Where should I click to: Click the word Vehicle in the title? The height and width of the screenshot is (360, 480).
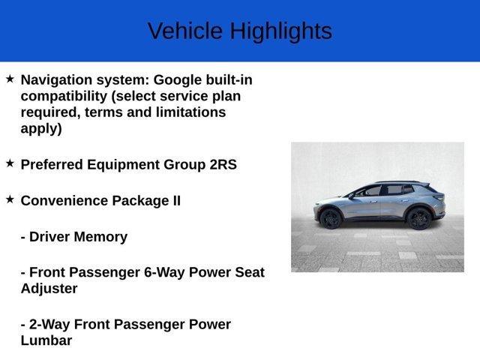click(x=185, y=31)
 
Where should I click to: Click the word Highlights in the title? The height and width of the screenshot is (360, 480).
click(x=280, y=31)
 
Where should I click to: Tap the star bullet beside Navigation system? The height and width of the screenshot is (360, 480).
click(x=10, y=79)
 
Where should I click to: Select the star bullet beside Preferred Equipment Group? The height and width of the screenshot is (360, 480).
click(x=10, y=163)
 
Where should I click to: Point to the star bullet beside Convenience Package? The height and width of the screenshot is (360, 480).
click(x=10, y=199)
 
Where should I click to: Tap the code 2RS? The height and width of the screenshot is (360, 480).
click(x=223, y=164)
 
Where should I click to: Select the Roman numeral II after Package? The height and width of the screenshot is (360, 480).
click(x=174, y=201)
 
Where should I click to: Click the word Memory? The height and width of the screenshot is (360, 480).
click(x=100, y=237)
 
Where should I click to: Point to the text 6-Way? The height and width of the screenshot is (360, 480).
click(x=167, y=272)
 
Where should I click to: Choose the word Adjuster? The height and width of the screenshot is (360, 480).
click(x=49, y=288)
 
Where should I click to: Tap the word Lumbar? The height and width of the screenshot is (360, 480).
click(x=46, y=340)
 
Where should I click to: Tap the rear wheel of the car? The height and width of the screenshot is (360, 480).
click(x=418, y=218)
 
